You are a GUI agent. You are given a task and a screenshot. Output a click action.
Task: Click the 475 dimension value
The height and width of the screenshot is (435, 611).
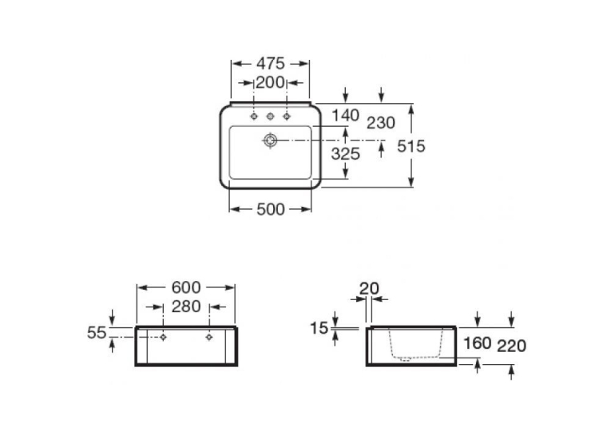[x=271, y=64]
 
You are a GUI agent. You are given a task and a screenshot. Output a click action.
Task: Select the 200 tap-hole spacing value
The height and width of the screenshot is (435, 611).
[x=270, y=82]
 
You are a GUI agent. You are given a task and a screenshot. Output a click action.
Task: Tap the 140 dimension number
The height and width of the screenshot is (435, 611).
[x=345, y=115]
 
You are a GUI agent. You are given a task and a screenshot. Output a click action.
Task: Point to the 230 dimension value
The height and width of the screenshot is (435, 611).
[x=381, y=123]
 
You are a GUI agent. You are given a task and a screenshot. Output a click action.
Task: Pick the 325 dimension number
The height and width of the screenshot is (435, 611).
[x=345, y=154]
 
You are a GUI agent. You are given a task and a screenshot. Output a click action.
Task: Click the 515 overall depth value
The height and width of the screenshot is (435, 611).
[x=411, y=146]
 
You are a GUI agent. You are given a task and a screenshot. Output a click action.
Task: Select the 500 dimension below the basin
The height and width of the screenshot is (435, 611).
[x=271, y=209]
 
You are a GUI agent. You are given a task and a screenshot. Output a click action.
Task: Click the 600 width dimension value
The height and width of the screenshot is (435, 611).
[x=186, y=287]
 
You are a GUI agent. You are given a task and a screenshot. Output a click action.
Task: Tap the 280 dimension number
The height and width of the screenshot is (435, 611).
[x=186, y=306]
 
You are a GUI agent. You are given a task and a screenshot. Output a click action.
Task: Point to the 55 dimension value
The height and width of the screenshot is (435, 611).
[x=97, y=333]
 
